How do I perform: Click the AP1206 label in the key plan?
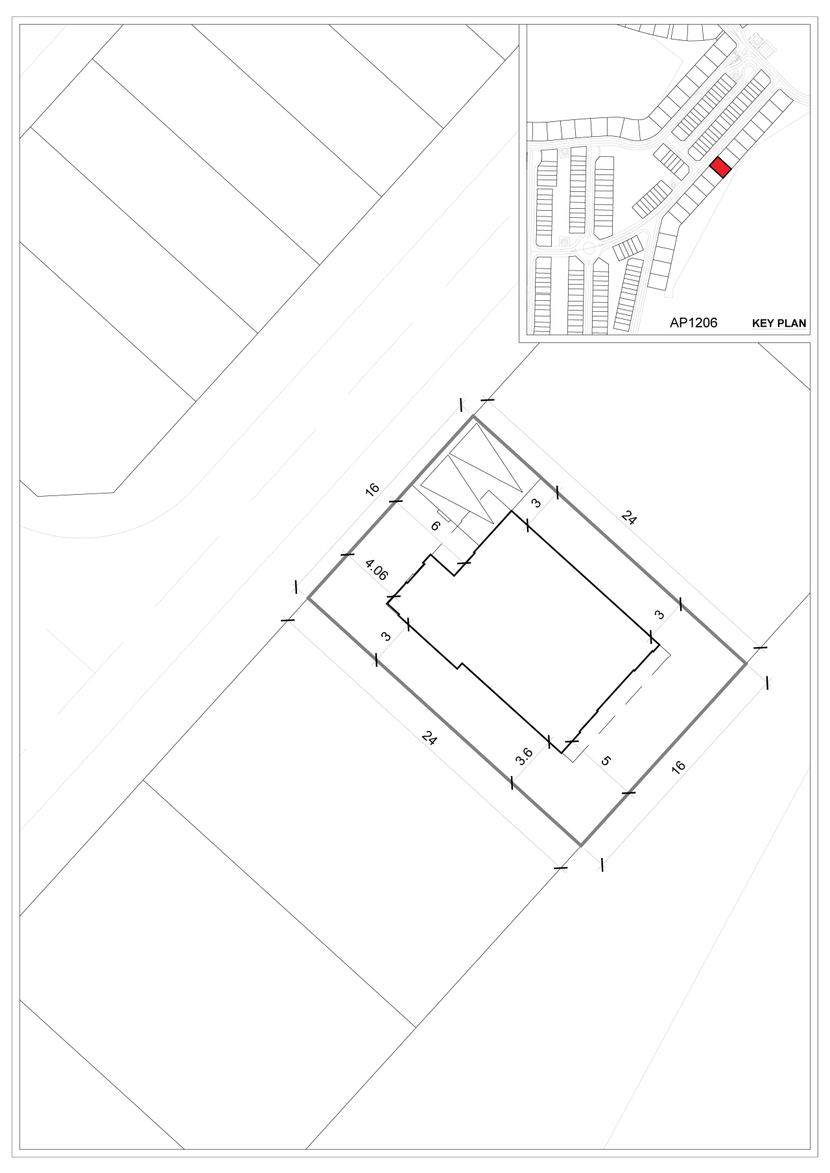pyautogui.click(x=693, y=322)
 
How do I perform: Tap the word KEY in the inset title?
pyautogui.click(x=763, y=324)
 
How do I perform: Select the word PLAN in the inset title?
pyautogui.click(x=792, y=324)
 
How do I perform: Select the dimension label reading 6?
pyautogui.click(x=435, y=526)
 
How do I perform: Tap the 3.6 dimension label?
pyautogui.click(x=524, y=755)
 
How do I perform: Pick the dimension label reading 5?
pyautogui.click(x=606, y=760)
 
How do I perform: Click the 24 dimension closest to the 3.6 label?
pyautogui.click(x=429, y=737)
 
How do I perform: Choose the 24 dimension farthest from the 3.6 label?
pyautogui.click(x=628, y=517)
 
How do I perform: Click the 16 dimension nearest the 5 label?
pyautogui.click(x=678, y=766)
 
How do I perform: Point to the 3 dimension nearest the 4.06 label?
pyautogui.click(x=386, y=637)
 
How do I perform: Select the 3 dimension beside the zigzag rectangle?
pyautogui.click(x=536, y=503)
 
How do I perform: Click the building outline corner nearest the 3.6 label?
pyautogui.click(x=562, y=752)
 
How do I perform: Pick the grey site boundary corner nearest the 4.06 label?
pyautogui.click(x=308, y=598)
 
